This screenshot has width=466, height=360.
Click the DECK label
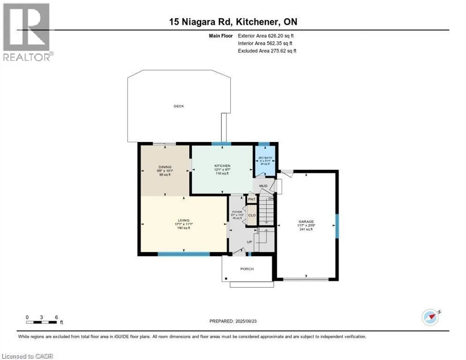(179, 106)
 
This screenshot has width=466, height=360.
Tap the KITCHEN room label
(221, 166)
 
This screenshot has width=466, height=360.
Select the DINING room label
(165, 167)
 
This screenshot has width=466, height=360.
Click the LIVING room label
(184, 220)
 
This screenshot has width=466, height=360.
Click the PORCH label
(247, 269)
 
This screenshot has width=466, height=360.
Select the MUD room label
(264, 186)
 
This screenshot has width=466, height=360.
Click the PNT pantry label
(252, 199)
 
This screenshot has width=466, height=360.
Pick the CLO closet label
(252, 216)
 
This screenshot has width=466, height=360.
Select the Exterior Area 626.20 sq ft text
(266, 35)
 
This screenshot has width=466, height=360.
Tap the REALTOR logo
(27, 32)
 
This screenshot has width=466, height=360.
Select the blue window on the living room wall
(183, 254)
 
